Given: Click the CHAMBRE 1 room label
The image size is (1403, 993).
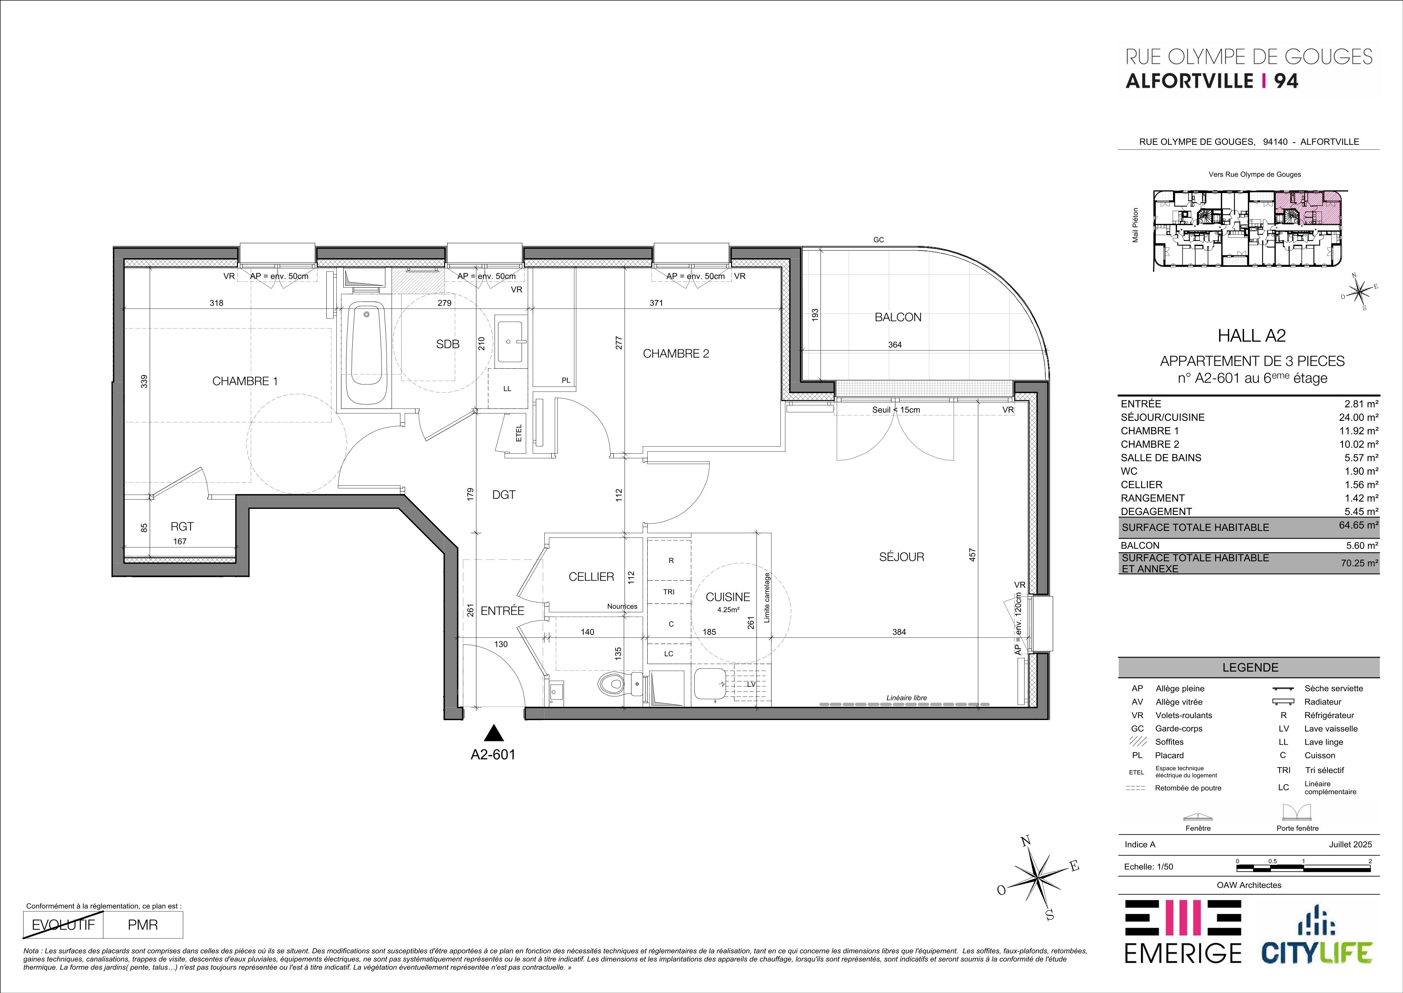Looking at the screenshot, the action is point(245,381).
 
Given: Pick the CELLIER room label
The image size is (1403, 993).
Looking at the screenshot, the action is point(591,576).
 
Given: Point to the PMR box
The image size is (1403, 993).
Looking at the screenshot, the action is point(143,925).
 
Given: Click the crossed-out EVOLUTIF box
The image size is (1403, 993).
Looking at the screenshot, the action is point(63,925).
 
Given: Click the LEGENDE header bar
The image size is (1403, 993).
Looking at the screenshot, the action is point(1249,668).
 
